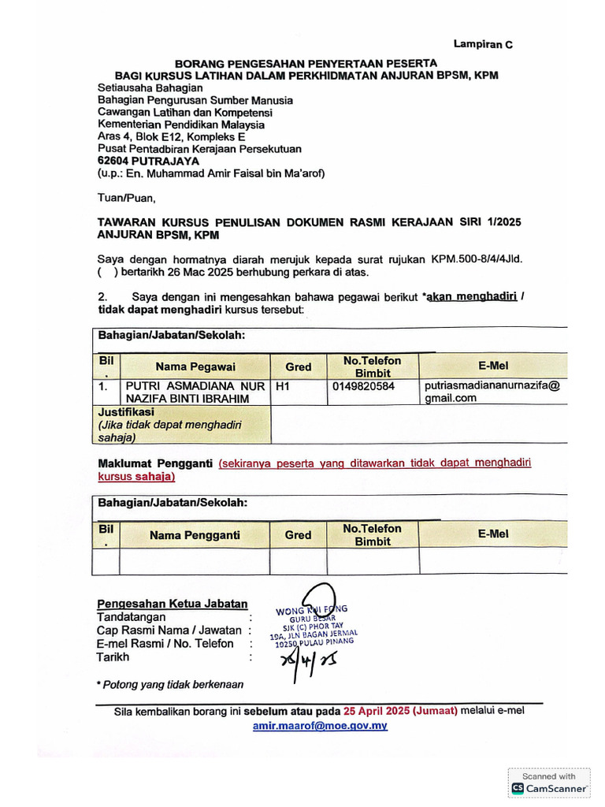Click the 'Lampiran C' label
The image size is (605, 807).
[482, 45]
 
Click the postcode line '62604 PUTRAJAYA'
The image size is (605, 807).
[148, 161]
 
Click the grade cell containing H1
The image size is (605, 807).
[282, 386]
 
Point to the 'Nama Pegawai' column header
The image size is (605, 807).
[195, 366]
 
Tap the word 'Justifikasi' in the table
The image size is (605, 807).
[125, 412]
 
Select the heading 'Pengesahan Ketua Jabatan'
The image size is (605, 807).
[172, 604]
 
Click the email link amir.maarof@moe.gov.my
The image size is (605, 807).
[319, 726]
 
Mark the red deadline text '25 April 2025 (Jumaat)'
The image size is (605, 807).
[396, 710]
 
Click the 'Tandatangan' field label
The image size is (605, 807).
[131, 617]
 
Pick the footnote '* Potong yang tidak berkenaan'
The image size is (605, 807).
[169, 684]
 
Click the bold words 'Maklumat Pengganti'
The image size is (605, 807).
[154, 463]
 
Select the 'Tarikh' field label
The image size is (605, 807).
[113, 656]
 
